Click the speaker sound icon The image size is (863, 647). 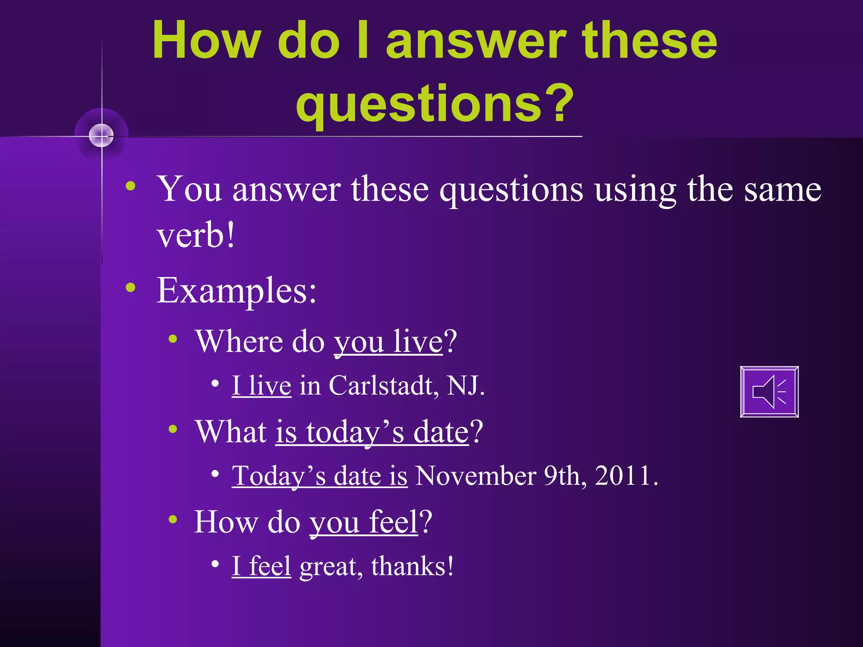(769, 392)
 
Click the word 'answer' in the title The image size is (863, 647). (476, 41)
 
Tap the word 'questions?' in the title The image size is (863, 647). (434, 103)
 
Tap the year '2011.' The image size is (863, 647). (626, 476)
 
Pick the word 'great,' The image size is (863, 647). (331, 567)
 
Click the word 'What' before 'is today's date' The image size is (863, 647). (231, 432)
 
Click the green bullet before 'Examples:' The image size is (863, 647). (131, 288)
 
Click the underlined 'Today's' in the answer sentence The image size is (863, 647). (279, 476)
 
